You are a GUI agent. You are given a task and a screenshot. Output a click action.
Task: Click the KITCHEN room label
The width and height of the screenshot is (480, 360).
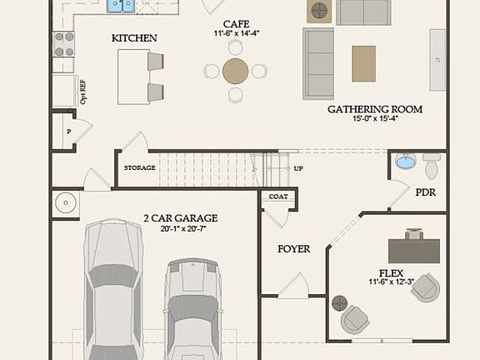134,38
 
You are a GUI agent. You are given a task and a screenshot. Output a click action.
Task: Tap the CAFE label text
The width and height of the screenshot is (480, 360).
236,24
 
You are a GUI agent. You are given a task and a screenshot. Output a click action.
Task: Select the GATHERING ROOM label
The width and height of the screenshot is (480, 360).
374,109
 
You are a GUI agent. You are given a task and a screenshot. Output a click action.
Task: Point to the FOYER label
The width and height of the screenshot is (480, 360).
293,248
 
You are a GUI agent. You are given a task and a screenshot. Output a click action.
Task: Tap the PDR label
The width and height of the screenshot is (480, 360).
425,192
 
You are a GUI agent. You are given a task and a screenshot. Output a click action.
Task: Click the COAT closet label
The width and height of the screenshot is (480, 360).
277,197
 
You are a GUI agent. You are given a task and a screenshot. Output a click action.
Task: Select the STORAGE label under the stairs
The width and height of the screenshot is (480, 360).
139,168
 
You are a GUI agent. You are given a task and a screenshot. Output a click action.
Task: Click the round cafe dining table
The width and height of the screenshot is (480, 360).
236,71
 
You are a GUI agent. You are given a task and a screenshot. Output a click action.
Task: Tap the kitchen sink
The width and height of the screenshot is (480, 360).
121,7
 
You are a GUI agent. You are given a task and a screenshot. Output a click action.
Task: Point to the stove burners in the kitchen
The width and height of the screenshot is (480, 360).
63,44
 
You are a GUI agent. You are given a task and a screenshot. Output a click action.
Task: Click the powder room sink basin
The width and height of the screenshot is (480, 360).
405,162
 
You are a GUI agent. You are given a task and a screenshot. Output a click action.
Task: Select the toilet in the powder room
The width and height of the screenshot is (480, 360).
431,166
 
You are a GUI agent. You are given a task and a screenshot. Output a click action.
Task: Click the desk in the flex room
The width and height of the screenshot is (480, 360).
413,250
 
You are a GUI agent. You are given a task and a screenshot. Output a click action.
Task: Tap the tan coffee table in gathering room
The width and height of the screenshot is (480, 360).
363,63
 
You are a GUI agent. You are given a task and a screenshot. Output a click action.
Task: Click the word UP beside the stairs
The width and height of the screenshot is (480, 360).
297,168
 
